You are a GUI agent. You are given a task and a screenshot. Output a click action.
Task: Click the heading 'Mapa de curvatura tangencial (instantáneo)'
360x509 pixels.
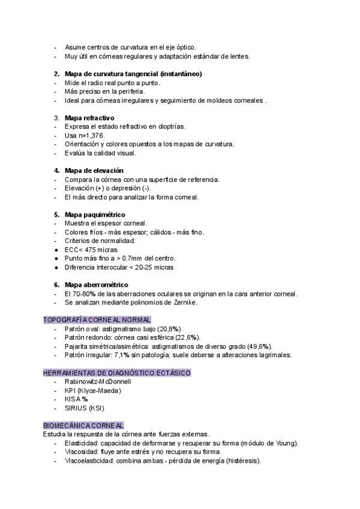tap(133, 73)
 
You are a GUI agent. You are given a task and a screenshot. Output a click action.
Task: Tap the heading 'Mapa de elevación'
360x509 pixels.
tap(94, 170)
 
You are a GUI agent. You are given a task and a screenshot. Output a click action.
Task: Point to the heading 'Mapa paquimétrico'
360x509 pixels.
tap(94, 214)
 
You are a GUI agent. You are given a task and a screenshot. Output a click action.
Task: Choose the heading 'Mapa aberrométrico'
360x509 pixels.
tap(96, 285)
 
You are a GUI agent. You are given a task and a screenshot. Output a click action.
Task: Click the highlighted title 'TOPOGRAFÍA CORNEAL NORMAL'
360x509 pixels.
tap(97, 320)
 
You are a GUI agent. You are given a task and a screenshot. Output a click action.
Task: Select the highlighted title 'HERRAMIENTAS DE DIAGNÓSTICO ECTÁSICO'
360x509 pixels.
tap(117, 373)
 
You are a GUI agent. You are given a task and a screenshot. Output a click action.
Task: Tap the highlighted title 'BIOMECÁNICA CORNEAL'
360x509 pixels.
tap(83, 425)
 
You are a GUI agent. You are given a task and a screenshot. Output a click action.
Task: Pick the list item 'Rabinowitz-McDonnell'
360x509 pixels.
tap(97, 382)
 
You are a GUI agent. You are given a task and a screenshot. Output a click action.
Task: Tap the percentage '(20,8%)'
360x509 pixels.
tap(170, 329)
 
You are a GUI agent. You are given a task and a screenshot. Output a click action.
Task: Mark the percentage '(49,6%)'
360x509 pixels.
tap(259, 346)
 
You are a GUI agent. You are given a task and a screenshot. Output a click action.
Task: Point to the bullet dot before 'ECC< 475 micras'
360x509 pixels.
tap(56, 250)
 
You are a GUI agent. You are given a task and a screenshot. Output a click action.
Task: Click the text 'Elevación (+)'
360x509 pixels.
tap(85, 188)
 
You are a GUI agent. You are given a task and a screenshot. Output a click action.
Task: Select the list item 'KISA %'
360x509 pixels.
tap(76, 399)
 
